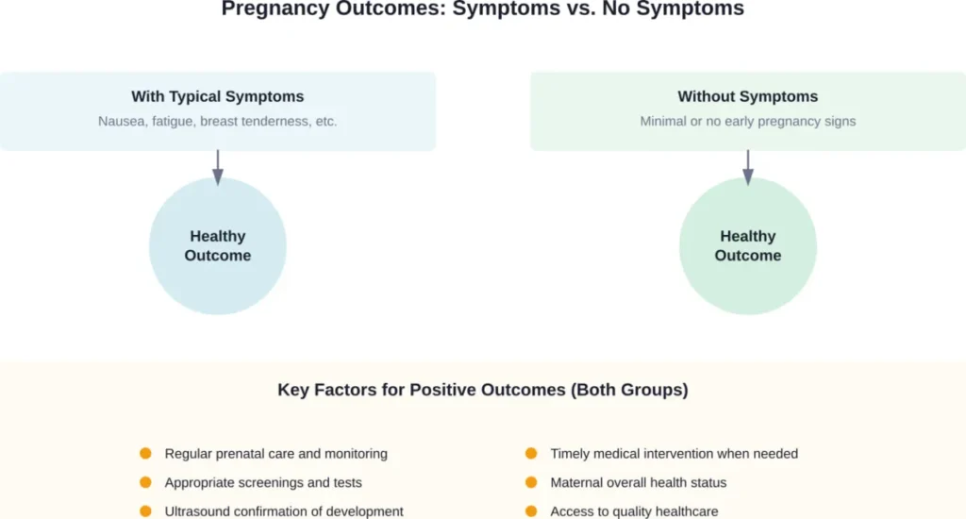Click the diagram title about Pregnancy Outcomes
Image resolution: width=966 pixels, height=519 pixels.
coord(482,9)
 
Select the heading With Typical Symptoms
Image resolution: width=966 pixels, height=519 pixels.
coord(218,96)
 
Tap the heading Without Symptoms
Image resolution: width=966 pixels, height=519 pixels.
coord(747,96)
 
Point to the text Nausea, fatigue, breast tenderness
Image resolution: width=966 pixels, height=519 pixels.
coord(218,122)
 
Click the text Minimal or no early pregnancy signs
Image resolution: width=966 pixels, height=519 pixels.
coord(747,122)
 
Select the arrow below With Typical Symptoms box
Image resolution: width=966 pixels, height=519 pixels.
coord(218,167)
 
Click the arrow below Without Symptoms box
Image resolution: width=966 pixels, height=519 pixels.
coord(748,167)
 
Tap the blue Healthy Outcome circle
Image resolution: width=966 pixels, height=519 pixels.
coord(218,246)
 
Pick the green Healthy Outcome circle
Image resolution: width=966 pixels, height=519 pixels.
coord(748,246)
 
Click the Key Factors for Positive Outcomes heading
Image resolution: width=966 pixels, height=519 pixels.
coord(482,390)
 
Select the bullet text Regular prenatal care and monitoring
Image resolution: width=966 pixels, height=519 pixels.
coord(275,454)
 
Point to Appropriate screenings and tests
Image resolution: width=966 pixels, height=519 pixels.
coord(263,482)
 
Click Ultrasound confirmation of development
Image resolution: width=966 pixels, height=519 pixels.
coord(284,511)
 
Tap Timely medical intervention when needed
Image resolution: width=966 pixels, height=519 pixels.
coord(674,454)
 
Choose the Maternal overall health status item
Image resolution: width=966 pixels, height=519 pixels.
coord(639,482)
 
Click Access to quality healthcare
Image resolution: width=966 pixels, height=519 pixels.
coord(634,511)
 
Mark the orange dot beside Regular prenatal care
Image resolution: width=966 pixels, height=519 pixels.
coord(145,454)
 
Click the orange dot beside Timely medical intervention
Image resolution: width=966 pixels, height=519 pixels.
coord(531,454)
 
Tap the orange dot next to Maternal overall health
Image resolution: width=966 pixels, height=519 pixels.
coord(531,482)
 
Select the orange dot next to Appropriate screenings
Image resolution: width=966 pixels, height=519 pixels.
coord(145,482)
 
